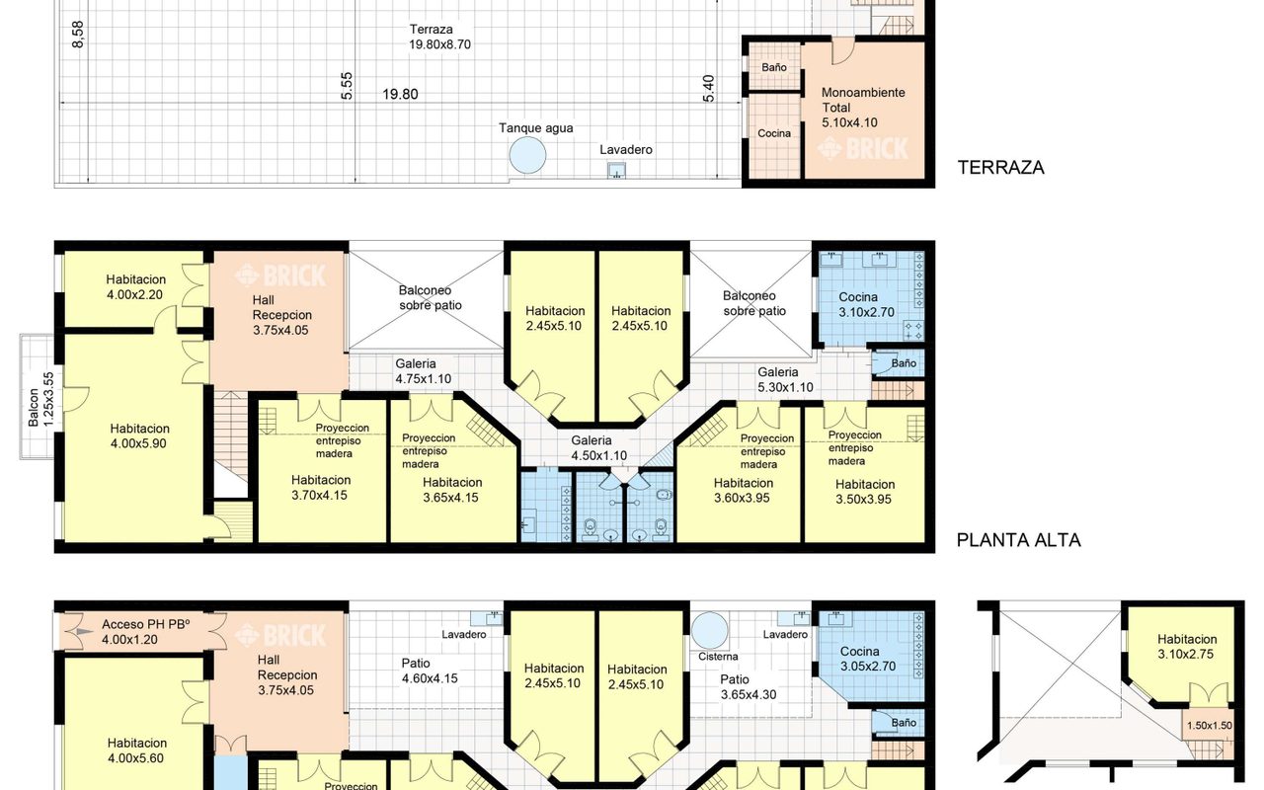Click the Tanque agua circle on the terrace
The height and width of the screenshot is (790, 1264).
click(527, 155)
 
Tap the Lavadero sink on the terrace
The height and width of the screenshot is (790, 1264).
click(616, 171)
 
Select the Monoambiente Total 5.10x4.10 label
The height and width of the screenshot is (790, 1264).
click(863, 108)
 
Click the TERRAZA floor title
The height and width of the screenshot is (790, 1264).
click(1000, 168)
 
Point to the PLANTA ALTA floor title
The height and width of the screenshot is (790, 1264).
click(1018, 540)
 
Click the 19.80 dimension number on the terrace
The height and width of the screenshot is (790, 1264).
click(400, 94)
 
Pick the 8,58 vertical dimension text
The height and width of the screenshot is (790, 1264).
click(78, 35)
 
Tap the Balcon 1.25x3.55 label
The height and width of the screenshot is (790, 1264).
click(41, 400)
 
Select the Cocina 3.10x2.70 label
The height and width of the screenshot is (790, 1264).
click(866, 305)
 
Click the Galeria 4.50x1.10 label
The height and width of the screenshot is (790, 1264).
click(598, 448)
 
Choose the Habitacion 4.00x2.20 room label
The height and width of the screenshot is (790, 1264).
click(135, 286)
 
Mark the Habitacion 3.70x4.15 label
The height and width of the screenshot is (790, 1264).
click(321, 488)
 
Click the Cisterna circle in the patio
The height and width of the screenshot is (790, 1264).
click(709, 630)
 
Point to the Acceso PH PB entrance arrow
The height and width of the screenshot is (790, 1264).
click(85, 632)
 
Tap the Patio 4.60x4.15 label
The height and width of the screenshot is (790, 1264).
click(430, 671)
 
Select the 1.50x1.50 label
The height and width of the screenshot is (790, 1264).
click(1210, 726)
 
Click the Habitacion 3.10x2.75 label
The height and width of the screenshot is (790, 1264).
click(1187, 647)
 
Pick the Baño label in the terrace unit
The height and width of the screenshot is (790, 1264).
click(773, 67)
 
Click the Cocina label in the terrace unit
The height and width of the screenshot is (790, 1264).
click(773, 133)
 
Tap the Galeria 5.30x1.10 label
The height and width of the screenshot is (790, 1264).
click(785, 380)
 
